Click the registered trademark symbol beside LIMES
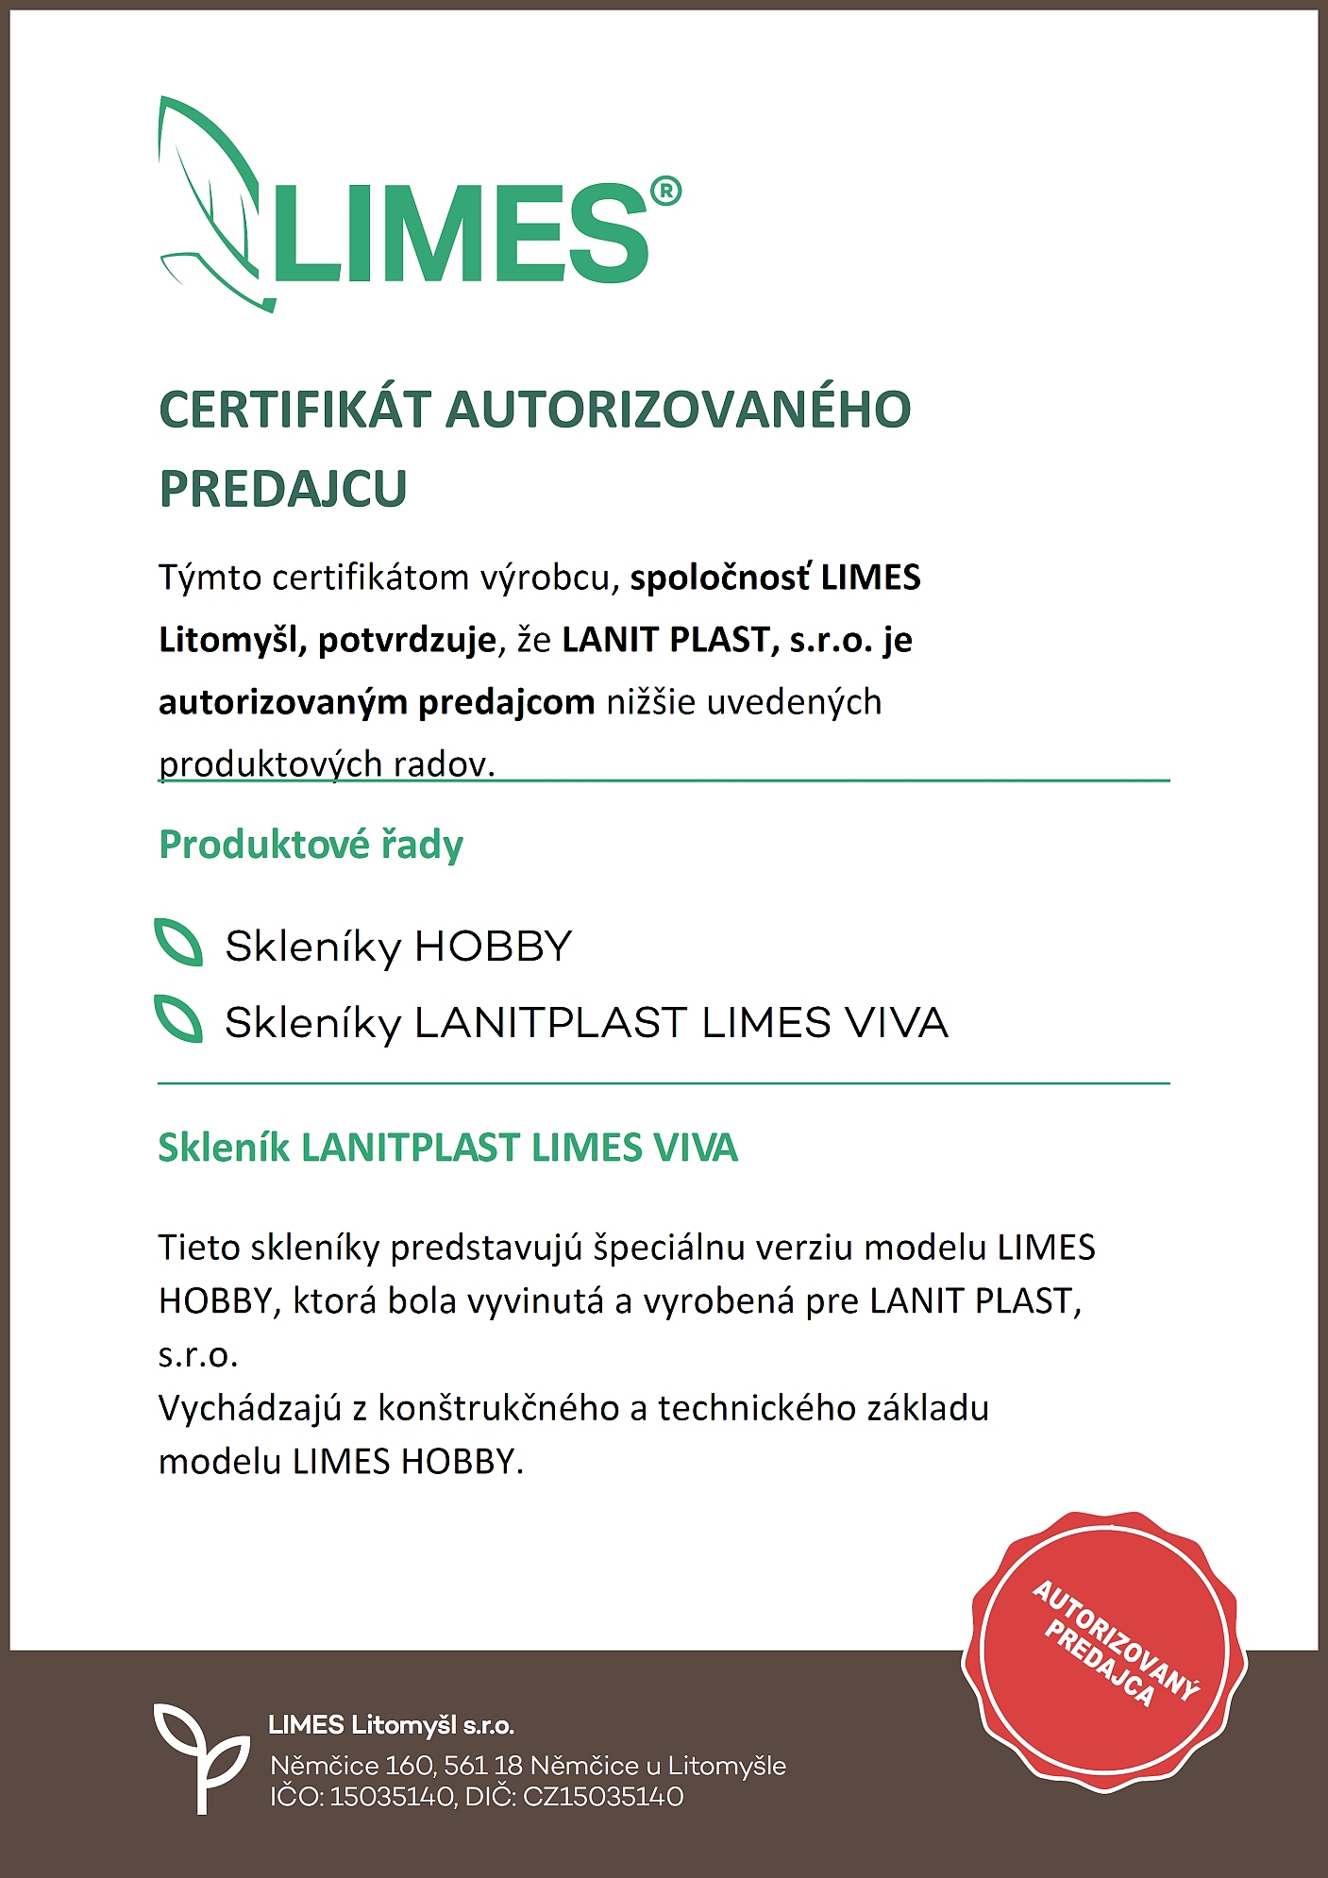click(664, 192)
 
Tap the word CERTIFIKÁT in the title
click(294, 411)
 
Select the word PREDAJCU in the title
click(282, 489)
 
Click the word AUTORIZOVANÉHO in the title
click(678, 411)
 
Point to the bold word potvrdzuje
click(407, 641)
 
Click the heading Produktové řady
click(311, 845)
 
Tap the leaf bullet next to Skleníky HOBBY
click(178, 943)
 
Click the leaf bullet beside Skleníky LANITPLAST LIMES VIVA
click(178, 1019)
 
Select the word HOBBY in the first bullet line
click(493, 947)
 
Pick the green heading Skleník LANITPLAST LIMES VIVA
click(447, 1148)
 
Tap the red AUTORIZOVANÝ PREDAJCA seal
click(1103, 1652)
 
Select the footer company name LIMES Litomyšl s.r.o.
click(391, 1726)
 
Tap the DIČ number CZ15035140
click(602, 1797)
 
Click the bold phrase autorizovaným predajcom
click(376, 703)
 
